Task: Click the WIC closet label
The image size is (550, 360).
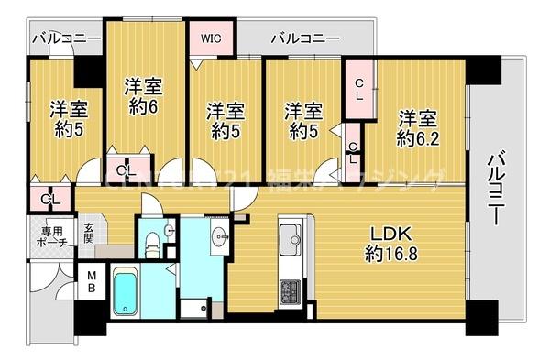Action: click(212, 38)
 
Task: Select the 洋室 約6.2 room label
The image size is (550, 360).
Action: click(417, 128)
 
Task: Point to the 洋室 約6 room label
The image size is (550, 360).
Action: click(142, 94)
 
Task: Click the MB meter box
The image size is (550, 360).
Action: click(93, 280)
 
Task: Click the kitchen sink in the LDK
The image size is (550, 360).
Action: click(291, 237)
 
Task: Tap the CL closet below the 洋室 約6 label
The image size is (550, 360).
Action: click(127, 169)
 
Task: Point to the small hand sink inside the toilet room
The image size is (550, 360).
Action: click(169, 229)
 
